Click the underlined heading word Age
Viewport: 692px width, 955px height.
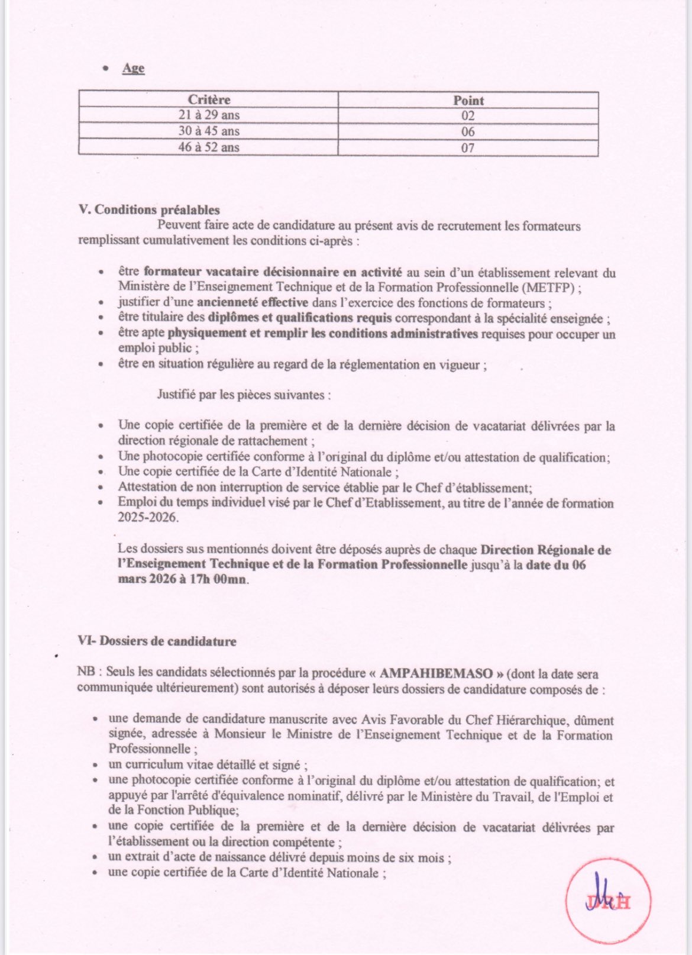click(x=133, y=68)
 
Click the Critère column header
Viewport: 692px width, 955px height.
click(x=209, y=99)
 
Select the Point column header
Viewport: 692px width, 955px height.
click(x=468, y=100)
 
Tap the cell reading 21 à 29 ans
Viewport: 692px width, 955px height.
click(x=209, y=115)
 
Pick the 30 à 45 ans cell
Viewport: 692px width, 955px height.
click(x=209, y=131)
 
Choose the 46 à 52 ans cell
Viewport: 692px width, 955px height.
click(x=209, y=147)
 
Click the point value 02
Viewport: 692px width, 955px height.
click(x=468, y=116)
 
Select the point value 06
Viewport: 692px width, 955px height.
click(x=468, y=131)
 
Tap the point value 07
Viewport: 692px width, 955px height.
click(x=468, y=147)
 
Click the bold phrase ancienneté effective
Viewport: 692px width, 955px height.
click(x=253, y=302)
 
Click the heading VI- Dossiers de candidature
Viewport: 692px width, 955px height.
click(x=157, y=641)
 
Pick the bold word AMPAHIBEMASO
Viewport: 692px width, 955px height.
click(x=436, y=673)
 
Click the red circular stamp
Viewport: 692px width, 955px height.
click(x=608, y=902)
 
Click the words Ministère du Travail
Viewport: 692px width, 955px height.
click(x=465, y=796)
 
